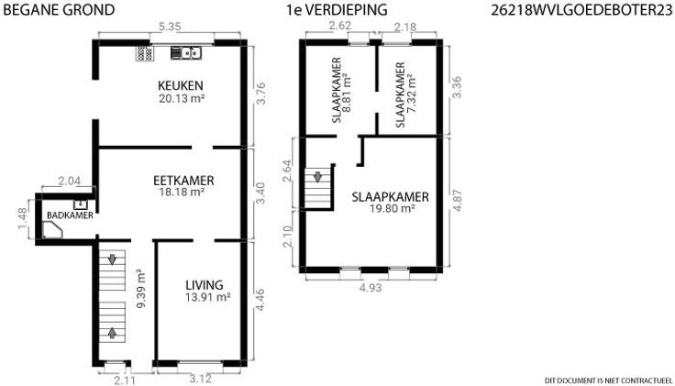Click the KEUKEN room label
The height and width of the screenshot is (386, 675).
[181, 85]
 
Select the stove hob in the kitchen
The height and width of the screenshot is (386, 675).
[145, 53]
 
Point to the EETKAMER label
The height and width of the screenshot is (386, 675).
[183, 181]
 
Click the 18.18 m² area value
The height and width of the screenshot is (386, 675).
[182, 192]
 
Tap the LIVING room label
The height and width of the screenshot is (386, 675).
[204, 285]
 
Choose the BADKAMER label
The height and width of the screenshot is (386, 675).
[71, 215]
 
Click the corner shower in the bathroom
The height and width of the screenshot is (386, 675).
[52, 230]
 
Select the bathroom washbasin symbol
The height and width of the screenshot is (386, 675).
[80, 204]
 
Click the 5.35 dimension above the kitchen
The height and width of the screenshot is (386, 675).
[169, 27]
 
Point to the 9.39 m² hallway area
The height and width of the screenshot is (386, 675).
[140, 288]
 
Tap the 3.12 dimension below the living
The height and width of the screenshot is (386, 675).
[200, 379]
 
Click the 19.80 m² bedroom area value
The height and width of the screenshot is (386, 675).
[393, 209]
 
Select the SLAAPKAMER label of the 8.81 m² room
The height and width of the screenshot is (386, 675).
[337, 91]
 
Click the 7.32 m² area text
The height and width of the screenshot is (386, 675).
[413, 94]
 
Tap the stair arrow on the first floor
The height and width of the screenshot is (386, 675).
[317, 176]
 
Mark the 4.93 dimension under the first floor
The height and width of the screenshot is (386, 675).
[371, 288]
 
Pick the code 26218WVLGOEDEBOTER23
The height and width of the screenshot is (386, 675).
[581, 10]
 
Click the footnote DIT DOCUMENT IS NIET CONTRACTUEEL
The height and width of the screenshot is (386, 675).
[608, 380]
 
